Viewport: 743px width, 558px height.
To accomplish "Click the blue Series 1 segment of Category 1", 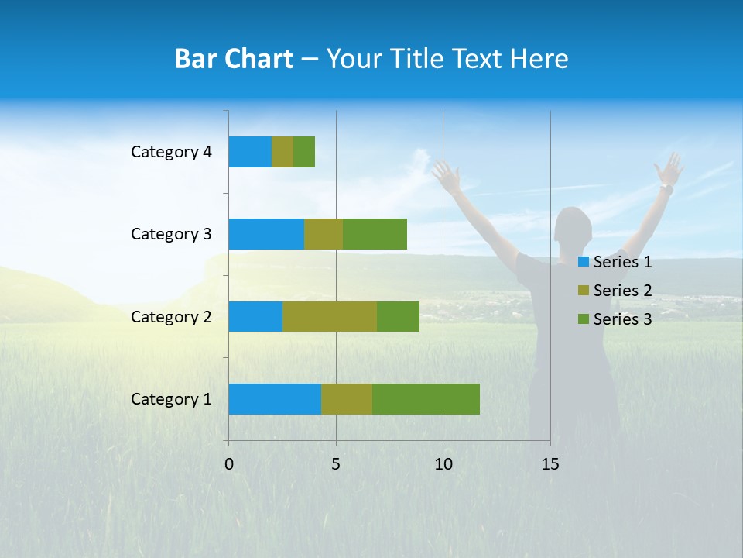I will (274, 399).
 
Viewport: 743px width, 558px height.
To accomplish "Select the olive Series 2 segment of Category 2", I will (329, 316).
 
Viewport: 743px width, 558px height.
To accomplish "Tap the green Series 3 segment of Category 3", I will (375, 234).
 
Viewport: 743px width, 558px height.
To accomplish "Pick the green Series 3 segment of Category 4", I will (304, 152).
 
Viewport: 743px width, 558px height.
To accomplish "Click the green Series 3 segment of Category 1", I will (426, 399).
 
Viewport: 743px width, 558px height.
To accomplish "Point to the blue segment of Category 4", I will (250, 152).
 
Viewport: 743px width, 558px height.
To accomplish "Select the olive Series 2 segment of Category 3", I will (323, 234).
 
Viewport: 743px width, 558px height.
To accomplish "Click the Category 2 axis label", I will (171, 316).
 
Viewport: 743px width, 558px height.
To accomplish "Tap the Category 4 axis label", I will (171, 152).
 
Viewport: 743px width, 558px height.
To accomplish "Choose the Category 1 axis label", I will (171, 399).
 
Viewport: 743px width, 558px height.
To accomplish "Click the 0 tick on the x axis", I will (229, 464).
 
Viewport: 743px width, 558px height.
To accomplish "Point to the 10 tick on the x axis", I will (443, 464).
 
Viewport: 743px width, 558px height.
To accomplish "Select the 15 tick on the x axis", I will (550, 464).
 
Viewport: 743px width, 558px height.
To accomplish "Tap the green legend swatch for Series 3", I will (584, 319).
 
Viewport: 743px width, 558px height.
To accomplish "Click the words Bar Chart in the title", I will (234, 59).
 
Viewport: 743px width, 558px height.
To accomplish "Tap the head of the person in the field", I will (574, 226).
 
